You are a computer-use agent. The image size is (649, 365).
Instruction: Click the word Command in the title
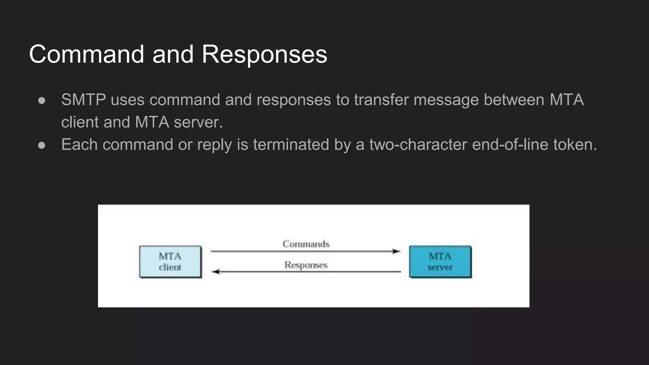(x=87, y=54)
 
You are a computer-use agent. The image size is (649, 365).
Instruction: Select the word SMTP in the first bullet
(x=83, y=100)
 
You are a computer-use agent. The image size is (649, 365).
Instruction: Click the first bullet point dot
(x=42, y=100)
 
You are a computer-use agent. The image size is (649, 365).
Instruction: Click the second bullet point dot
(x=42, y=145)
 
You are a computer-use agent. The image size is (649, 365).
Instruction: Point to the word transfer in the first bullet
(x=381, y=100)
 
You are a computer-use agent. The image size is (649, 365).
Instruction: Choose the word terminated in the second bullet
(x=291, y=144)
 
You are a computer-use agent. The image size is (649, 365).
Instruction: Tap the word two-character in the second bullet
(x=418, y=144)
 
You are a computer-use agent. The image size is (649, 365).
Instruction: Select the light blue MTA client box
(x=170, y=262)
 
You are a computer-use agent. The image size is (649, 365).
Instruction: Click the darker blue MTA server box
(x=440, y=262)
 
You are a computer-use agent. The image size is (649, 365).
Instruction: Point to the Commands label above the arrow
(x=306, y=244)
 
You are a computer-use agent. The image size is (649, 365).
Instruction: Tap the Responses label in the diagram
(x=306, y=265)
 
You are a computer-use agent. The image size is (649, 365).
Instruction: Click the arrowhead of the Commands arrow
(x=396, y=251)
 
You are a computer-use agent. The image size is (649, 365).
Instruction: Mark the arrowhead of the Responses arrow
(x=215, y=272)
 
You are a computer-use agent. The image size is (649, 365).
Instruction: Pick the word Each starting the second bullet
(x=79, y=144)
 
